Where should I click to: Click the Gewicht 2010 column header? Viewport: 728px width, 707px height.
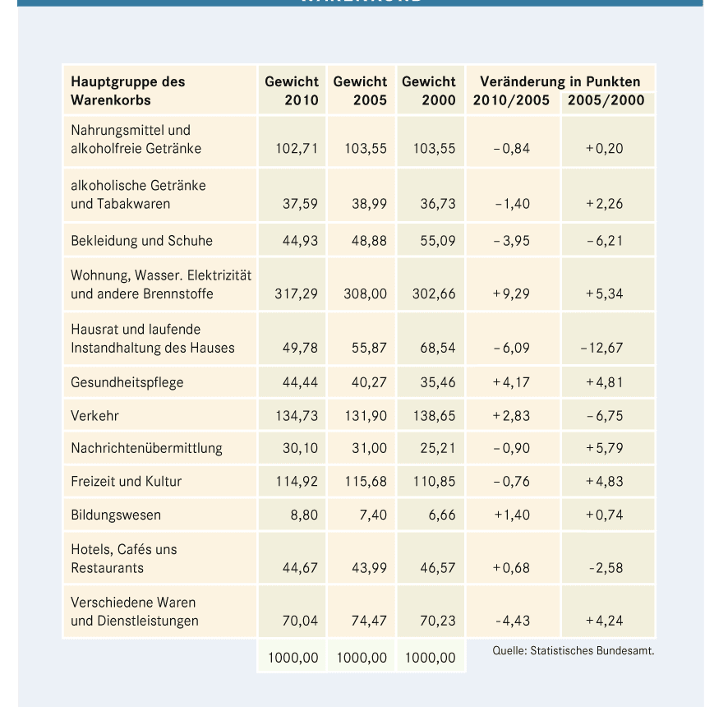(292, 91)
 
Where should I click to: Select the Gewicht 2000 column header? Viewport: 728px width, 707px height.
(429, 91)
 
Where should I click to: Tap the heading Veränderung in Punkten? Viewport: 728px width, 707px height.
(560, 81)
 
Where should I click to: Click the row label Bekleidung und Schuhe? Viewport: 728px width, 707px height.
(141, 241)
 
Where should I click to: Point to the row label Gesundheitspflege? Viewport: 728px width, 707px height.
(127, 382)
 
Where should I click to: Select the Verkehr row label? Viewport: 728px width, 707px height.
(94, 416)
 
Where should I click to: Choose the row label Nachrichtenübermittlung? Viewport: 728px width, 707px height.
(146, 449)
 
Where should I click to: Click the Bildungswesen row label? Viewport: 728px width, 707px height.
(116, 515)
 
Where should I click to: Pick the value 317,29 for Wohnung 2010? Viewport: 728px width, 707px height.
(297, 293)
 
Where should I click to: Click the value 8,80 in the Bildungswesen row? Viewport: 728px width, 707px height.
(304, 515)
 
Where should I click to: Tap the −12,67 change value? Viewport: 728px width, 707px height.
(601, 348)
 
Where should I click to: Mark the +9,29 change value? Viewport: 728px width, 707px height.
(511, 293)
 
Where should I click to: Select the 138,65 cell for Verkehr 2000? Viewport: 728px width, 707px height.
(434, 416)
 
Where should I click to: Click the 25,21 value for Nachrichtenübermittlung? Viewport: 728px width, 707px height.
(438, 449)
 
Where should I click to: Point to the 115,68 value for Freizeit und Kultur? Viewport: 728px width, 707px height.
(365, 482)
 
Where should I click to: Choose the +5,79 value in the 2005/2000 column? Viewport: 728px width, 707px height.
(604, 449)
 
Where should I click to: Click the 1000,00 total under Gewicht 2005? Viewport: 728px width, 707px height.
(362, 658)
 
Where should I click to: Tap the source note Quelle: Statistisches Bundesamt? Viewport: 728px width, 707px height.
(573, 651)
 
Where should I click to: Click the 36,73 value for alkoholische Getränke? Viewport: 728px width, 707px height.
(438, 204)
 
